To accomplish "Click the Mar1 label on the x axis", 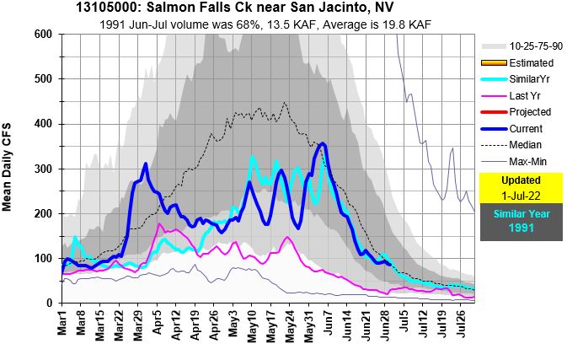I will click(62, 324).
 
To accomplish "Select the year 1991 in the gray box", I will click(521, 228).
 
